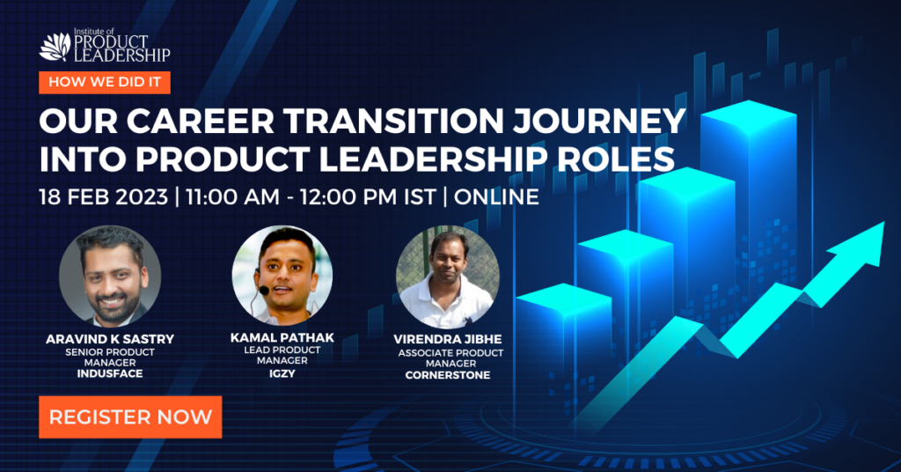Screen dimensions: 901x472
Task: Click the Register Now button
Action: [x=130, y=417]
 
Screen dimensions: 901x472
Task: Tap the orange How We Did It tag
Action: [x=105, y=82]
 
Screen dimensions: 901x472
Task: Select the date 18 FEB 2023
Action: [x=104, y=197]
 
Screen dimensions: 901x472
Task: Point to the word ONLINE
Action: [x=496, y=197]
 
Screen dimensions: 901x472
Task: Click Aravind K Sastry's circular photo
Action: [x=110, y=276]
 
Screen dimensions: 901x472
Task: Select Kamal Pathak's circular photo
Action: [x=282, y=275]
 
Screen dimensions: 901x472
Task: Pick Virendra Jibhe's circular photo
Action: [x=448, y=277]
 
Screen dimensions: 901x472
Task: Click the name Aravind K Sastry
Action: [x=110, y=339]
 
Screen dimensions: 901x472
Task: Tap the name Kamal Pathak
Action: [x=282, y=337]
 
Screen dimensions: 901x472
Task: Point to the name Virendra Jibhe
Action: [x=448, y=339]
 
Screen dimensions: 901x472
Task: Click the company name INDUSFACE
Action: [x=110, y=373]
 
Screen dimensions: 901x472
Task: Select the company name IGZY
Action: [x=282, y=373]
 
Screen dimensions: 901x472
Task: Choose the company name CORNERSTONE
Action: [x=448, y=375]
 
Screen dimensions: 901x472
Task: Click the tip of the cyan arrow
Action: [x=883, y=223]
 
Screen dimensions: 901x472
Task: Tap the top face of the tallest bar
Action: [x=749, y=117]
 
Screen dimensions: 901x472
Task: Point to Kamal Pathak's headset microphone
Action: [x=264, y=291]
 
